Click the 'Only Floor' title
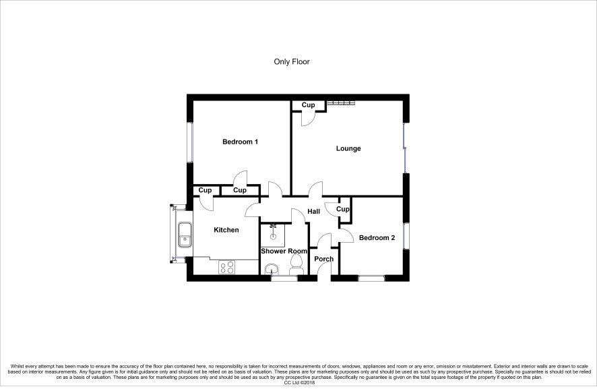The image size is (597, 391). [292, 62]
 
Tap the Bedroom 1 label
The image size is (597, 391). [241, 142]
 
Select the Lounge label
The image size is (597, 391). [348, 148]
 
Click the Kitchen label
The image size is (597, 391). [226, 230]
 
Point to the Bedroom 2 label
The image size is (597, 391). [377, 238]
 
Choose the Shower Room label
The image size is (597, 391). [284, 251]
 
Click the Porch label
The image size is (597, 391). [323, 259]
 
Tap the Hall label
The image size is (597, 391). [314, 212]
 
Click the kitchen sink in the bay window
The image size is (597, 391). [185, 235]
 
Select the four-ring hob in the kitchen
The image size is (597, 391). [227, 267]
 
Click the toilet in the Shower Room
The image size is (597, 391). [296, 264]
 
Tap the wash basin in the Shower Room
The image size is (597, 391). [272, 269]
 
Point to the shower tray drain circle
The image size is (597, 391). [273, 237]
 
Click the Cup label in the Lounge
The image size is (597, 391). [309, 104]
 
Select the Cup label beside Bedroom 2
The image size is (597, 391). [343, 209]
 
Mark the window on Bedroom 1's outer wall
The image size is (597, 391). [191, 142]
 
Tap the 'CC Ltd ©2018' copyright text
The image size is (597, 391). [299, 383]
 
